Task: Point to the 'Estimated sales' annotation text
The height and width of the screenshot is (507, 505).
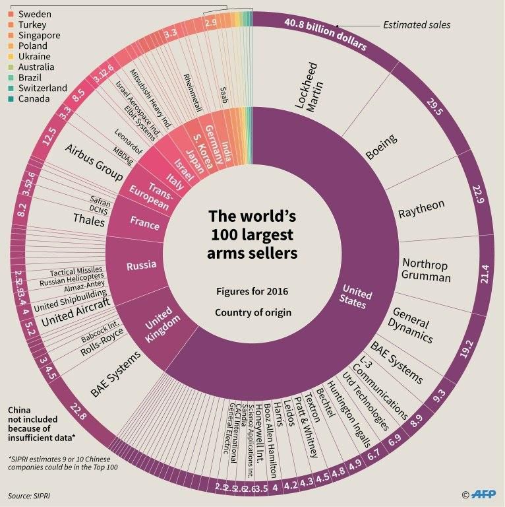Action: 417,26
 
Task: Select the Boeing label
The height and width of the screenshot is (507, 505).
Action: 382,147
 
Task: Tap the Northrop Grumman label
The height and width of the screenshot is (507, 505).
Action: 426,271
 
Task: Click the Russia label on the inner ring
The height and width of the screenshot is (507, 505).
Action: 140,265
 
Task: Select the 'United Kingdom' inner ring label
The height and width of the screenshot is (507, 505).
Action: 158,323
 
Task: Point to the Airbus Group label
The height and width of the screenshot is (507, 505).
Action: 94,162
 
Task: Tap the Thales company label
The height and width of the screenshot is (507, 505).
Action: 89,219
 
